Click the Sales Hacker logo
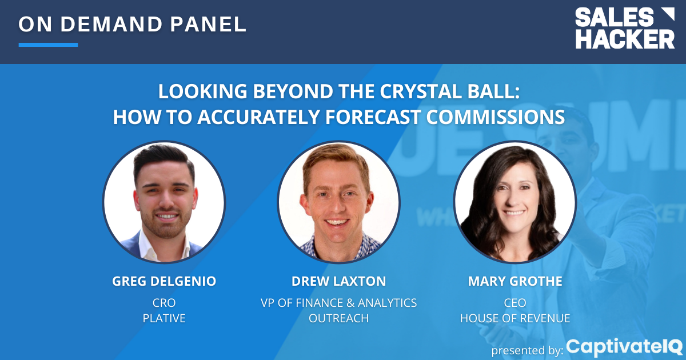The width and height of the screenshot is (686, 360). tap(625, 29)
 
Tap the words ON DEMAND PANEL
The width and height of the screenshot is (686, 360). tap(133, 24)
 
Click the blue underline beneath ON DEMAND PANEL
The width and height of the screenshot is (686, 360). tap(48, 45)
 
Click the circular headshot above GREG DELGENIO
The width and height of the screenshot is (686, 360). tap(164, 202)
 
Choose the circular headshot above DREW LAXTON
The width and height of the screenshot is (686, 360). tap(338, 202)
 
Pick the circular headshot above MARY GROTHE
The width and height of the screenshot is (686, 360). tap(514, 202)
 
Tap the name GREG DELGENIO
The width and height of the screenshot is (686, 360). tap(164, 281)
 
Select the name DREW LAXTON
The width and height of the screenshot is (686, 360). tap(338, 281)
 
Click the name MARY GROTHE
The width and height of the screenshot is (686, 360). tap(514, 281)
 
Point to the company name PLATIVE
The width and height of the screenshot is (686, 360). tap(164, 318)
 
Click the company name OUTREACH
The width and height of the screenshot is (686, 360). tap(338, 318)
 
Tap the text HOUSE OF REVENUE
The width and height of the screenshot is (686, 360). tap(514, 318)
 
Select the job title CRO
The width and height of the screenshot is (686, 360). tap(164, 302)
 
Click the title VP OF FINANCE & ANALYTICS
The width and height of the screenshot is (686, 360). tap(338, 302)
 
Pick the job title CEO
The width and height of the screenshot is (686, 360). tap(514, 302)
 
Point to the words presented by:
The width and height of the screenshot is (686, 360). tap(527, 350)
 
